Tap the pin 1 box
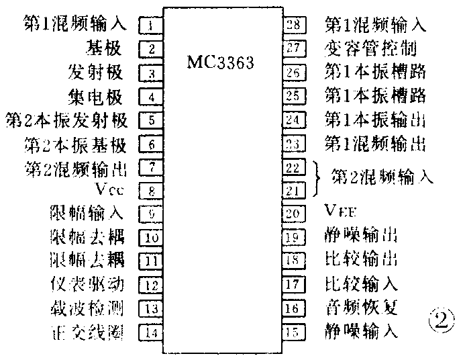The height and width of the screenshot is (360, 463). [x=152, y=26]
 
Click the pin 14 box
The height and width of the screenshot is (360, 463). [x=152, y=331]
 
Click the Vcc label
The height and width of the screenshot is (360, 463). [x=111, y=188]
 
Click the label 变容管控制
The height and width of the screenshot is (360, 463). [x=370, y=49]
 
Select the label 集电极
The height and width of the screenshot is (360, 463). [x=96, y=97]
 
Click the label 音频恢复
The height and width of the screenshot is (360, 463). [x=360, y=308]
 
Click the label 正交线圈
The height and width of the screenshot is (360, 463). [x=86, y=332]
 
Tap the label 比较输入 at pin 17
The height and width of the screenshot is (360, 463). [x=360, y=284]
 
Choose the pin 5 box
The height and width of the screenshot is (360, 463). [x=152, y=121]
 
